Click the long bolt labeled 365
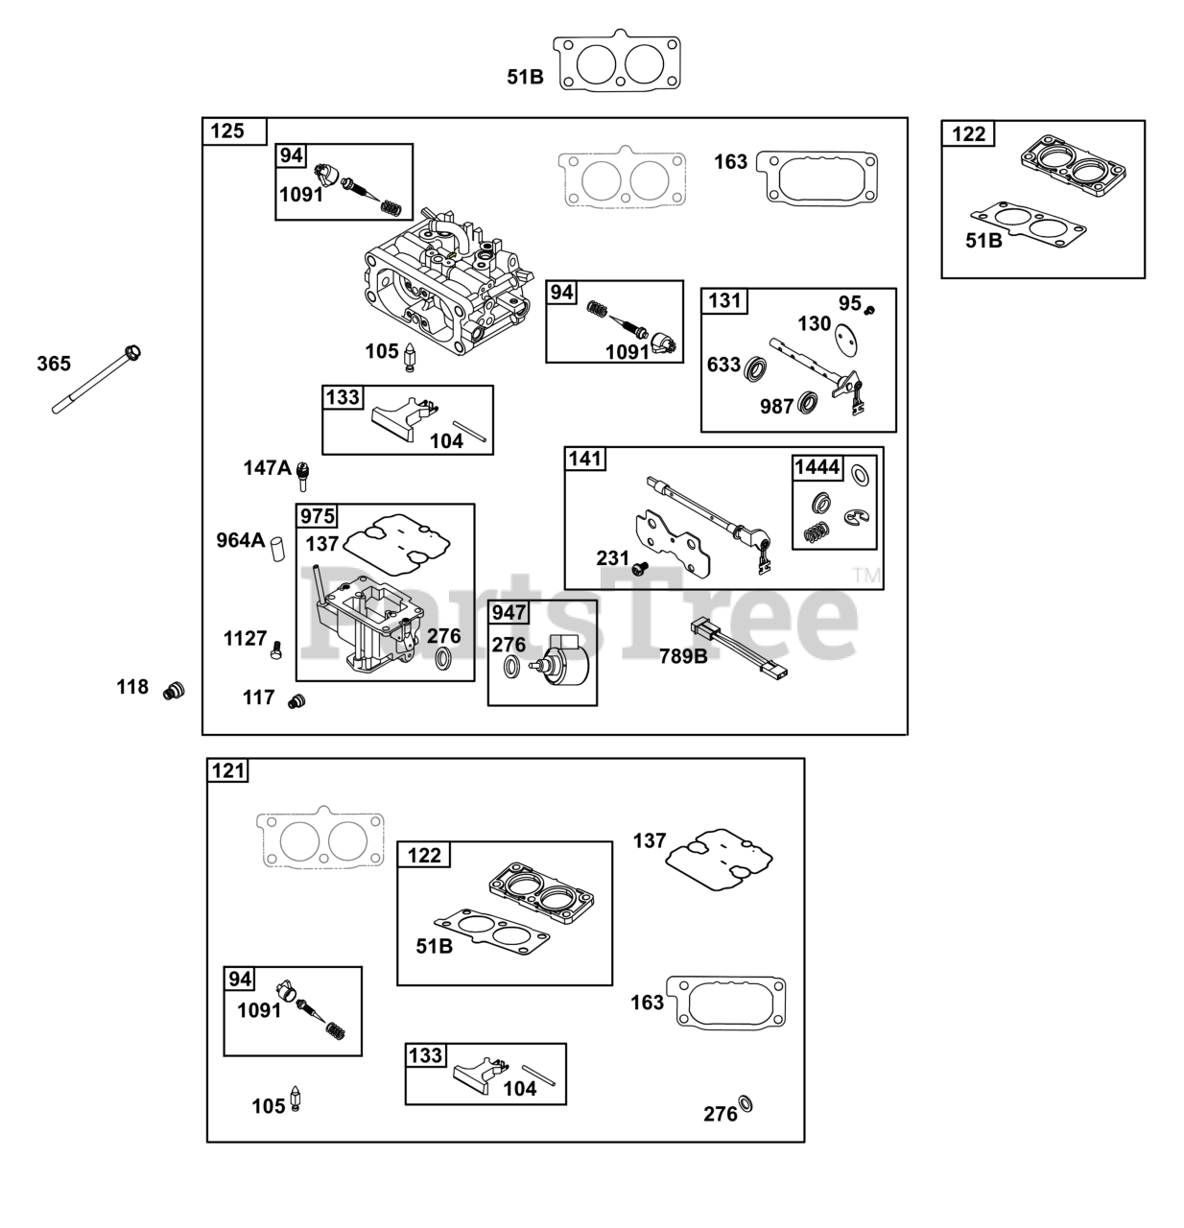(x=96, y=380)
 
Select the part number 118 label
(x=131, y=687)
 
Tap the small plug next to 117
(x=296, y=701)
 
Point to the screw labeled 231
(x=639, y=568)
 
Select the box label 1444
(x=817, y=467)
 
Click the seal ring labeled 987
(x=807, y=403)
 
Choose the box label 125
(x=226, y=130)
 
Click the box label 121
(x=227, y=770)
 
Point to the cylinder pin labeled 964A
(x=277, y=549)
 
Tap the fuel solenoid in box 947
(x=560, y=662)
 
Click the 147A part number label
(x=268, y=467)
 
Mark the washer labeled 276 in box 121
(x=746, y=1104)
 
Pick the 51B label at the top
(x=525, y=77)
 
